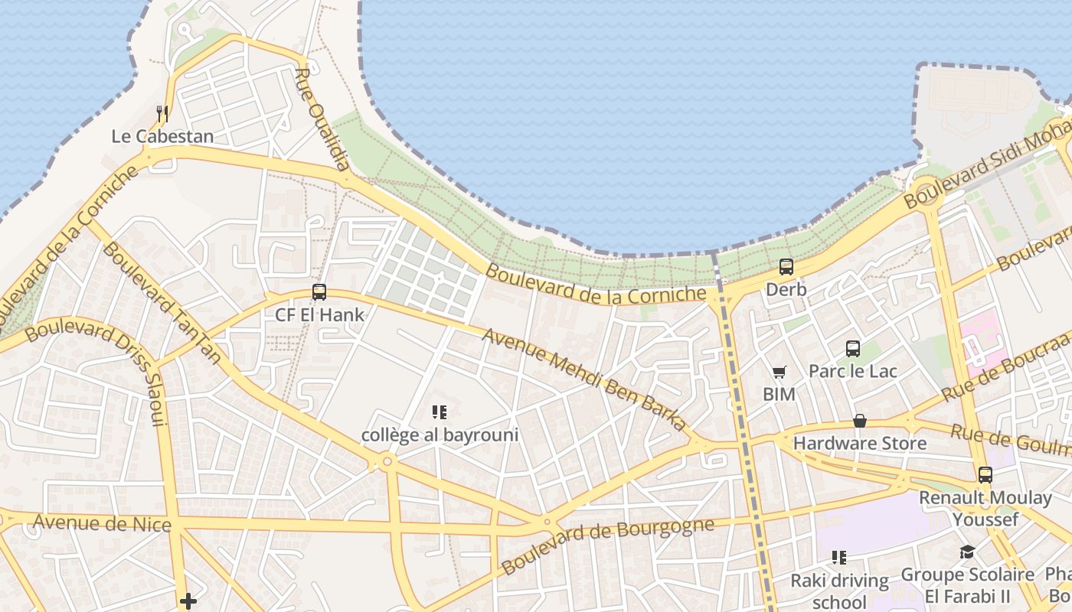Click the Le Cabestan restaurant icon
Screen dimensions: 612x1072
[162, 114]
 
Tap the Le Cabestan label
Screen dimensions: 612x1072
[162, 137]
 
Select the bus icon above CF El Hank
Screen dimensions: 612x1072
[319, 292]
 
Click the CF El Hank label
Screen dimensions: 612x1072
[319, 314]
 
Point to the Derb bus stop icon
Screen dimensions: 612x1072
[786, 267]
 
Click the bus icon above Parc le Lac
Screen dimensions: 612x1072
[853, 349]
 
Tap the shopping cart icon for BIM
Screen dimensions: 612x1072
[779, 373]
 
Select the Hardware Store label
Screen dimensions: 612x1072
[859, 443]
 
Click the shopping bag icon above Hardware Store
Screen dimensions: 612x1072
[860, 421]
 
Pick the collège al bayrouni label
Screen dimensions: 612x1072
[440, 435]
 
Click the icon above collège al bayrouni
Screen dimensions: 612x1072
[440, 413]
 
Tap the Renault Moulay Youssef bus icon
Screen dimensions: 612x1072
[985, 474]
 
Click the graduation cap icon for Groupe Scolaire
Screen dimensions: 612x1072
[968, 552]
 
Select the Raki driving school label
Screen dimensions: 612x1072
[839, 591]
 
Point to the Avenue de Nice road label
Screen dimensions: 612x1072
[102, 523]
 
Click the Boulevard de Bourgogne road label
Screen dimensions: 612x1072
[607, 544]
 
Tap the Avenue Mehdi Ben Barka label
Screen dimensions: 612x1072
[585, 381]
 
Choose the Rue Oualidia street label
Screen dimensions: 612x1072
[322, 119]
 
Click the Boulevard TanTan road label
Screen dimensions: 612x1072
[162, 302]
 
